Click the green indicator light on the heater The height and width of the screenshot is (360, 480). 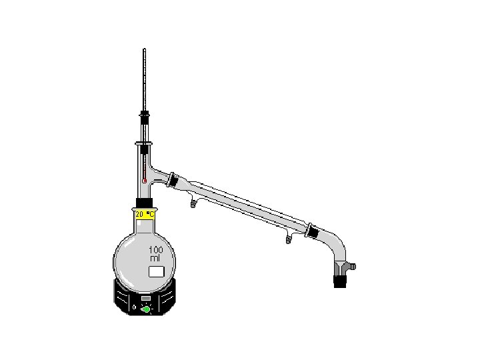(146, 309)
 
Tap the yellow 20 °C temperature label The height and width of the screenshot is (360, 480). (145, 215)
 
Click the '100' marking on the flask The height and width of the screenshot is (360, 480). (156, 250)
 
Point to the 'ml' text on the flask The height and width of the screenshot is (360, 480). (155, 259)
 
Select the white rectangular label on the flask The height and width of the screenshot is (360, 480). (157, 272)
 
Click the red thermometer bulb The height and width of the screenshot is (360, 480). (145, 181)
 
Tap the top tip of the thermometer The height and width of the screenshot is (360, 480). (145, 49)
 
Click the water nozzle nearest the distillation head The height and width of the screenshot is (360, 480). (193, 204)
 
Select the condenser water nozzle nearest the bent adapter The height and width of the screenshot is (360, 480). (289, 239)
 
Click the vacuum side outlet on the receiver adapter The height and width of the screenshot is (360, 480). (352, 267)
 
